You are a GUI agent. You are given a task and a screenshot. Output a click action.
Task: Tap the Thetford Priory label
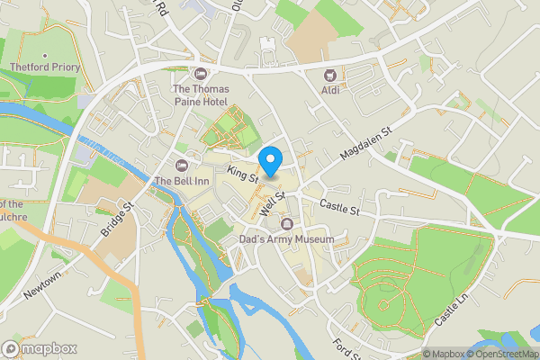pyautogui.click(x=45, y=67)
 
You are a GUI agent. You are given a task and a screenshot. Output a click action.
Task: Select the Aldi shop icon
pyautogui.click(x=329, y=76)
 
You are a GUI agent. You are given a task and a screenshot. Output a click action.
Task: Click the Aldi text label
pyautogui.click(x=329, y=91)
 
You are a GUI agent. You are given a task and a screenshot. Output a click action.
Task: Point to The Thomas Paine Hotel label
pyautogui.click(x=201, y=95)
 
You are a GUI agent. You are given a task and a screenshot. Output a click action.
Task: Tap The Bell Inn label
pyautogui.click(x=181, y=181)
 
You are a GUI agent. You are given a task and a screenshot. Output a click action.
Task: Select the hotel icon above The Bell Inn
pyautogui.click(x=181, y=165)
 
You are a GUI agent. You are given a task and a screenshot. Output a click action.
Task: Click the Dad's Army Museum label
pyautogui.click(x=286, y=239)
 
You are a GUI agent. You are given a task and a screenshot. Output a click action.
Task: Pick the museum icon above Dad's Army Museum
pyautogui.click(x=287, y=223)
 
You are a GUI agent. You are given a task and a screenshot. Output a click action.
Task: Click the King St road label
pyautogui.click(x=243, y=174)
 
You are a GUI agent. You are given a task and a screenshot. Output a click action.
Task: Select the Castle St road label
pyautogui.click(x=339, y=209)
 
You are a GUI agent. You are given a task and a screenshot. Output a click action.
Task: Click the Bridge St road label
pyautogui.click(x=117, y=219)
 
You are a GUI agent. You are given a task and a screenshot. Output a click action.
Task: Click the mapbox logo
pyautogui.click(x=40, y=348)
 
